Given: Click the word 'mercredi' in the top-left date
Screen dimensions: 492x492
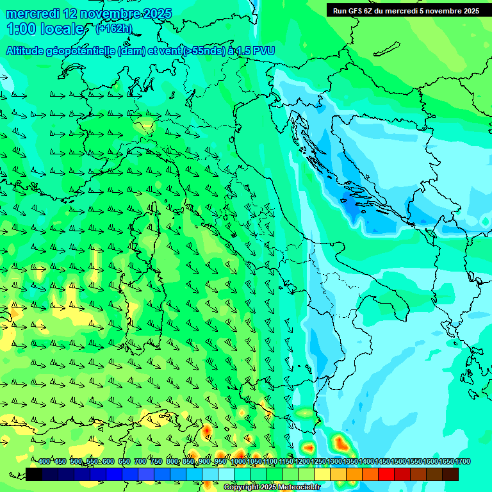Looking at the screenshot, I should pos(33,13).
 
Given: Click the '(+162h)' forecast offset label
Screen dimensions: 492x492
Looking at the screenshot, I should pos(113,28).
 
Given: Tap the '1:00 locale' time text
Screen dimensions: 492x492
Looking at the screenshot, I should pos(45,29).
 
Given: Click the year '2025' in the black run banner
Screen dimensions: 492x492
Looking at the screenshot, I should pos(468,11).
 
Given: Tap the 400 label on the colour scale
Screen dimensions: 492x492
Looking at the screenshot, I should pos(44,461).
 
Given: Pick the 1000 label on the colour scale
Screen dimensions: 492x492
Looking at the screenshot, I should pos(238,461).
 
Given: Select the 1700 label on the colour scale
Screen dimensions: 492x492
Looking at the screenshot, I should pos(462,461).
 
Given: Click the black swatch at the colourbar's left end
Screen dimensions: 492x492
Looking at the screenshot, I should pos(34,474).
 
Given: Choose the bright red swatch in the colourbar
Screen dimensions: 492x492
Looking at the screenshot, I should pos(386,474).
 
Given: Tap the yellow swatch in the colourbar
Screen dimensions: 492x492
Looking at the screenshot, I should pos(322,474).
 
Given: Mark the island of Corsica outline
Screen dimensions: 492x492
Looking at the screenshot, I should pos(152,224).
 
